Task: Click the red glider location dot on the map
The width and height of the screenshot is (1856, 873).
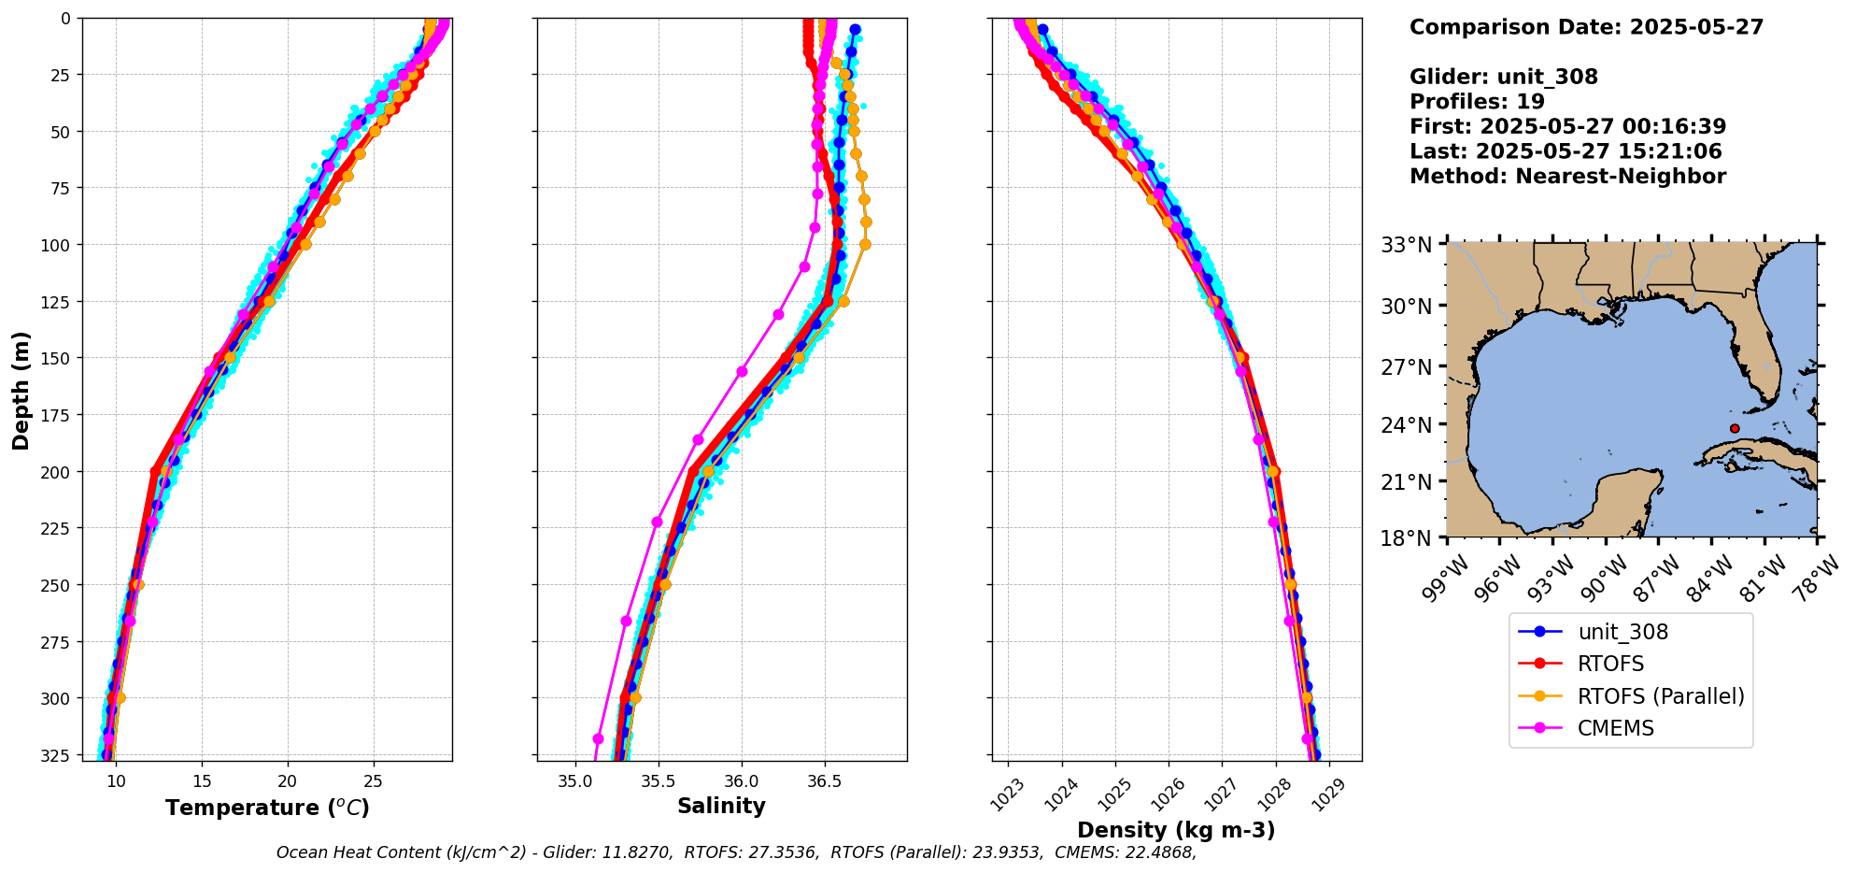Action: [x=1735, y=428]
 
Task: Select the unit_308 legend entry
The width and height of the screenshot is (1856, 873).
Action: [x=1622, y=632]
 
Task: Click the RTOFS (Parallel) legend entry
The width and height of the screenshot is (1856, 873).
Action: [x=1660, y=696]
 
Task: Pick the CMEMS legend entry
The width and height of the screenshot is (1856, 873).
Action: [x=1615, y=728]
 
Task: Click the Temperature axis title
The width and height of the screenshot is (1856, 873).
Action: [x=267, y=808]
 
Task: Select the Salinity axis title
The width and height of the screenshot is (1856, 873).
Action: [x=721, y=806]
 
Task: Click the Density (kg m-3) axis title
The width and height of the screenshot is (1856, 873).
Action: [x=1176, y=830]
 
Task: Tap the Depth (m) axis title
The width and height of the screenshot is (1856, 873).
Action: [x=21, y=390]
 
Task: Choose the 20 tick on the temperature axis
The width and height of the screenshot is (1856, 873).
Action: [x=287, y=781]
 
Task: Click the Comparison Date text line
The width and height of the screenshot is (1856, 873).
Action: [x=1586, y=27]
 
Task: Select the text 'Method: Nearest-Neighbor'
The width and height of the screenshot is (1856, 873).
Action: [x=1567, y=177]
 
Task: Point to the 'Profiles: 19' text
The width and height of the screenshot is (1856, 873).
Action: [x=1477, y=102]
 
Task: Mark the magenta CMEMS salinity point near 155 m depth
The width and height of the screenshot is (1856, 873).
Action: [x=742, y=371]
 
